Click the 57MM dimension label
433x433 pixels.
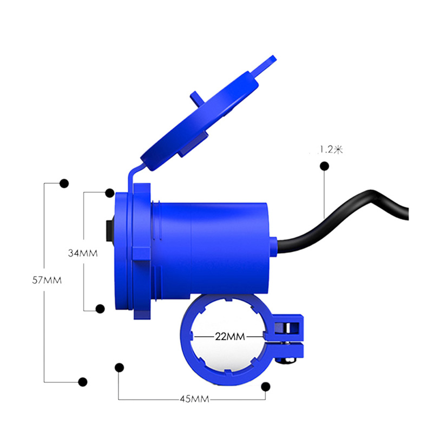click(47, 280)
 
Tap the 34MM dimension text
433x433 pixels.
click(83, 253)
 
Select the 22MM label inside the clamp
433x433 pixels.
click(230, 337)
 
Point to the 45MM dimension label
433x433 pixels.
click(194, 399)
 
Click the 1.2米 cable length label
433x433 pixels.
click(331, 150)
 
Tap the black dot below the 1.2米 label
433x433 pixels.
click(324, 166)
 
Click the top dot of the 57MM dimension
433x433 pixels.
click(64, 183)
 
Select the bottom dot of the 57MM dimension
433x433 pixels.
click(83, 382)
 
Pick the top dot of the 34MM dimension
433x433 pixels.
click(110, 193)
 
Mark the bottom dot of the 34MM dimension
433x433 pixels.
click(100, 309)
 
